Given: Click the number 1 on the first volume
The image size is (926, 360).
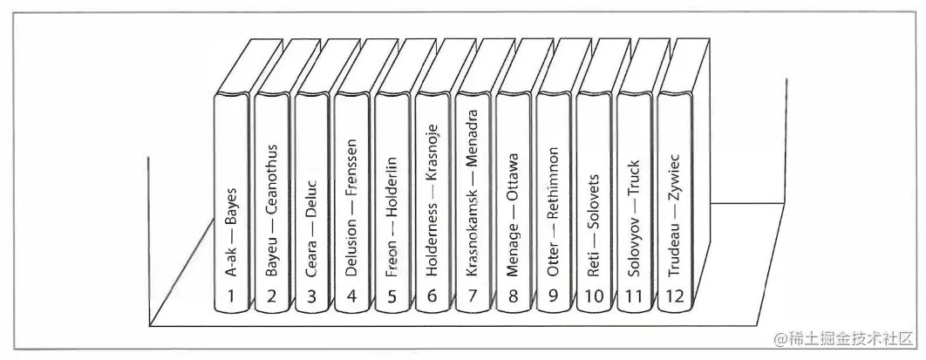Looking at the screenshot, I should click(232, 295).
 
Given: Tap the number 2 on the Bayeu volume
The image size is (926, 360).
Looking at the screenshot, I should click(272, 295).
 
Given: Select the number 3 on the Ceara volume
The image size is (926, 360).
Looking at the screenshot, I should click(311, 295).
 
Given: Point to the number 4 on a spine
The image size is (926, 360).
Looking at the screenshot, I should click(351, 295).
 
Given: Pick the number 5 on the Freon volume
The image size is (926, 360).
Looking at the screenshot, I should click(392, 295).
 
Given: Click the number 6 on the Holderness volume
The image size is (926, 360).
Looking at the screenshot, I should click(432, 295).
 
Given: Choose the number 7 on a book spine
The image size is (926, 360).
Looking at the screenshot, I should click(472, 295).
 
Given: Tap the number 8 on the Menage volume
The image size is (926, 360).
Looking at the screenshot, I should click(513, 295).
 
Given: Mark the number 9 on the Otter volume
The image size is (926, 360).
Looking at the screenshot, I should click(553, 295).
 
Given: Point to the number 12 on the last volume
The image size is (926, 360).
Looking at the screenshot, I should click(674, 295).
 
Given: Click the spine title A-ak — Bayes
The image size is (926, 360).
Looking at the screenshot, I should click(232, 231).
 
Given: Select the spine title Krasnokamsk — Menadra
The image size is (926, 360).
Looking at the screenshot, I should click(472, 193).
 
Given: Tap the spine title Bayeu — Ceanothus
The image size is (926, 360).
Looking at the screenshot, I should click(272, 210).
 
